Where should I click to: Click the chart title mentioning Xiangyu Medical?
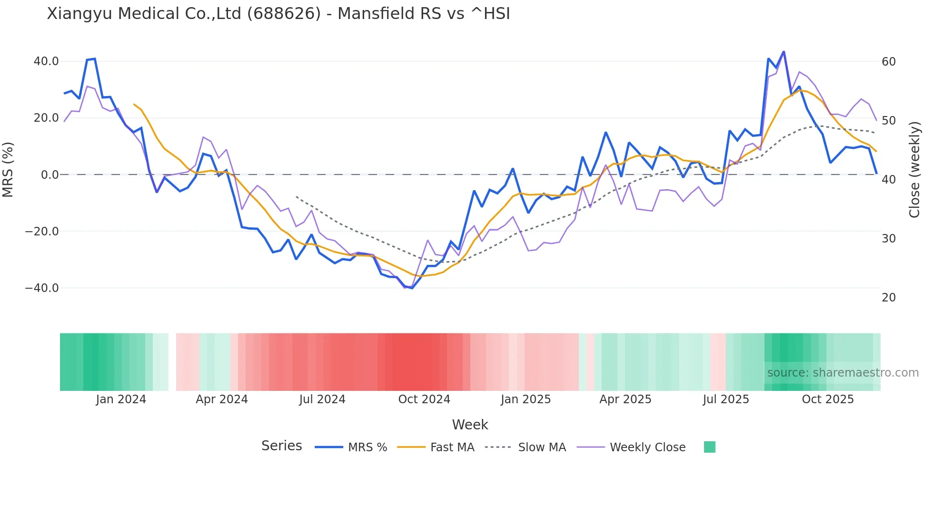(x=278, y=14)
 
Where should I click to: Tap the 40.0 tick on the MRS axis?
(x=46, y=61)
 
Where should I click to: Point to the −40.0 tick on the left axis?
(x=42, y=288)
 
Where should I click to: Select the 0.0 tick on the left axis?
(x=50, y=175)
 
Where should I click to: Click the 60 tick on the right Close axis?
(x=888, y=62)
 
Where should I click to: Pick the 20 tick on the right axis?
(x=888, y=298)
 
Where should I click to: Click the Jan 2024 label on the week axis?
(x=121, y=399)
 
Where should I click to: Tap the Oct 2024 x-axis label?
(x=424, y=399)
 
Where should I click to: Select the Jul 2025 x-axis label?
(x=725, y=399)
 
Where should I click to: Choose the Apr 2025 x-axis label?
(x=625, y=399)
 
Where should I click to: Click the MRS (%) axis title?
(x=8, y=170)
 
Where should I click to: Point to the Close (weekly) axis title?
(x=914, y=170)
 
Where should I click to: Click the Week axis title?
(x=470, y=425)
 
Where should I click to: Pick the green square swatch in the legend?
(x=709, y=447)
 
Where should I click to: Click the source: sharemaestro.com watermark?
(x=843, y=373)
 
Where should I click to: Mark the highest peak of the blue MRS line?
(x=784, y=52)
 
